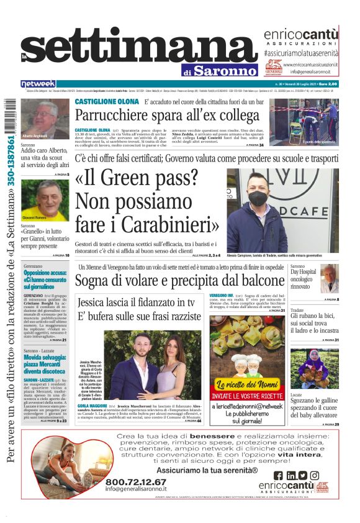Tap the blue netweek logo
point(38,84)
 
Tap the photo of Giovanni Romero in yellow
point(45,200)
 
